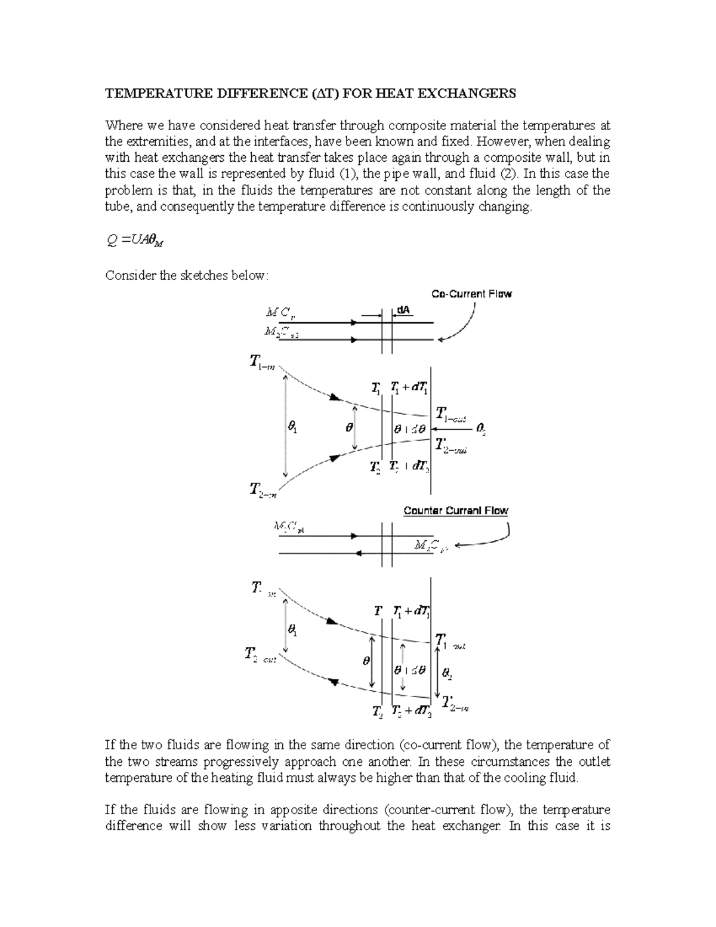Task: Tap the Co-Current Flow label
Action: click(471, 294)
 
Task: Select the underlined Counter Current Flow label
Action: click(456, 510)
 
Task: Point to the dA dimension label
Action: click(404, 311)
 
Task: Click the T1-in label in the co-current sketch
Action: click(262, 362)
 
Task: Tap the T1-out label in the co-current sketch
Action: click(450, 414)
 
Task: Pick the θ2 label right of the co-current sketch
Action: click(482, 429)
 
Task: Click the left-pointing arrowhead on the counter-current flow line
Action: click(358, 553)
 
